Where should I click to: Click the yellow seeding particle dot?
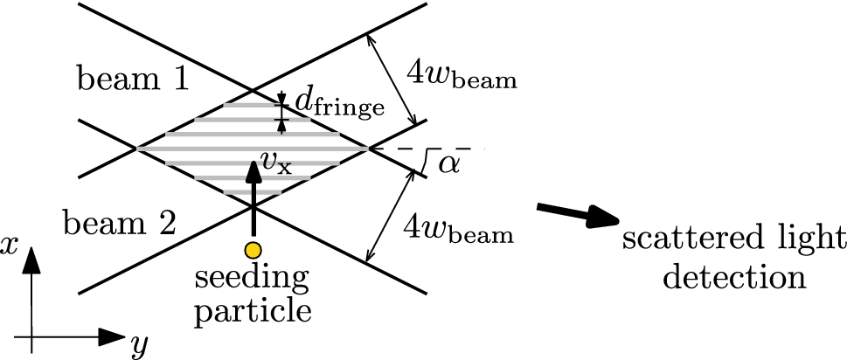[253, 251]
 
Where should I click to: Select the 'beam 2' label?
[121, 225]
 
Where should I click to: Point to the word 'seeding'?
[252, 281]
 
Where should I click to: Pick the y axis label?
[138, 348]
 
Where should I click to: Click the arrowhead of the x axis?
[31, 260]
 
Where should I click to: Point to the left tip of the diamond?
[135, 149]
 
